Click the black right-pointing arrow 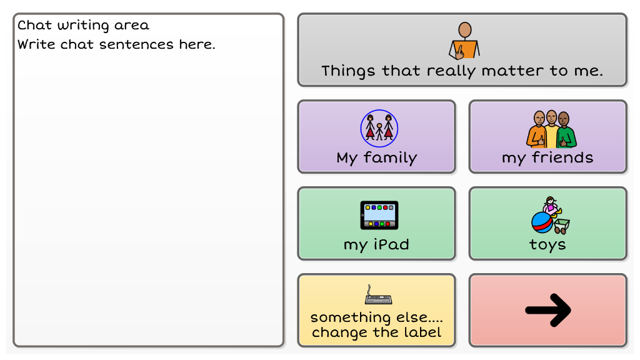[x=547, y=310]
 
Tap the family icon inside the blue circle [x=379, y=128]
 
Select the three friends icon [x=551, y=129]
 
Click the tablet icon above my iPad [x=379, y=215]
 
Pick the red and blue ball [x=542, y=222]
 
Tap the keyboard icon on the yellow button [x=378, y=295]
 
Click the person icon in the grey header [x=464, y=41]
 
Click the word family [x=390, y=158]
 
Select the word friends [x=562, y=157]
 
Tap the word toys [x=547, y=245]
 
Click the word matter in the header [x=512, y=71]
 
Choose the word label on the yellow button [x=422, y=332]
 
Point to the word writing [x=83, y=26]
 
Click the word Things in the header [x=348, y=71]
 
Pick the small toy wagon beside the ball [x=561, y=226]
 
